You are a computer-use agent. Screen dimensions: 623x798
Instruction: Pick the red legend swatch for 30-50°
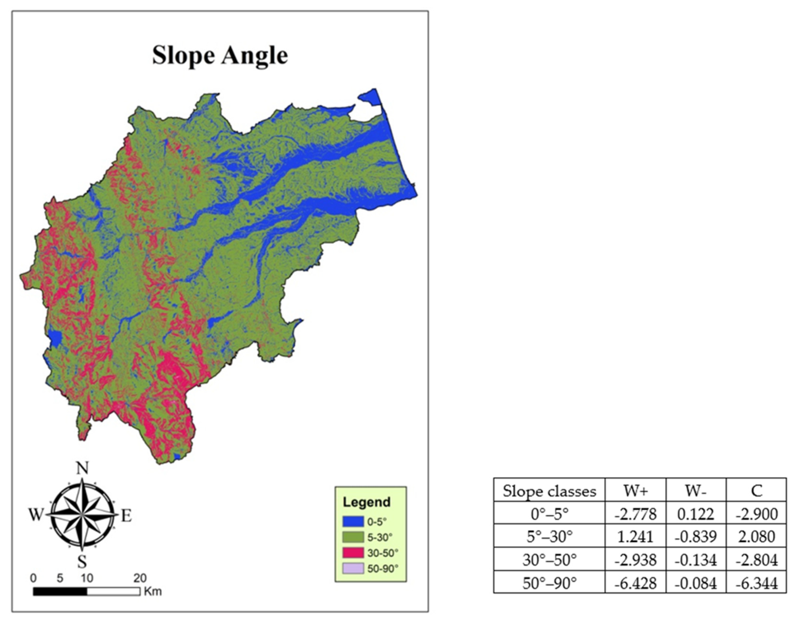(x=353, y=553)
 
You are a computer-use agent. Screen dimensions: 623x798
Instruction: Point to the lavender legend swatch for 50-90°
(x=353, y=569)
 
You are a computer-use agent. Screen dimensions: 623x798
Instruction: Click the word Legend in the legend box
(x=367, y=502)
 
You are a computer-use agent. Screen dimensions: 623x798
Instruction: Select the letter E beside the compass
(x=126, y=516)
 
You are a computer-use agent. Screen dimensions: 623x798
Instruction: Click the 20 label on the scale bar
(x=140, y=578)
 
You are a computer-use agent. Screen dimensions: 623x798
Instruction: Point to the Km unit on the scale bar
(x=153, y=591)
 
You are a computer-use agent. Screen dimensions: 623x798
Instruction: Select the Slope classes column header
(x=549, y=491)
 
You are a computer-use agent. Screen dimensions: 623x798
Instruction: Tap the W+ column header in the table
(x=635, y=491)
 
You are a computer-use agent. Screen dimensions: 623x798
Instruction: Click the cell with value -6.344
(x=756, y=583)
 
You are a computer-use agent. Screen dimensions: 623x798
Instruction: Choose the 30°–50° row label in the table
(x=549, y=560)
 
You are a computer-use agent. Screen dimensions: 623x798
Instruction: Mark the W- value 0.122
(x=696, y=514)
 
